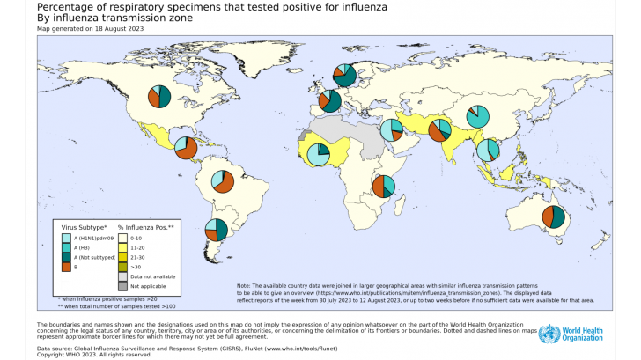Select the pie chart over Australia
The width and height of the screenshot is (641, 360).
[x=553, y=217]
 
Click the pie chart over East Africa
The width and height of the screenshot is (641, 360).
[x=383, y=186]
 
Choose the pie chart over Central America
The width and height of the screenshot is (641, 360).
[x=185, y=147]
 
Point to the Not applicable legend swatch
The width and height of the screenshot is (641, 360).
[x=124, y=286]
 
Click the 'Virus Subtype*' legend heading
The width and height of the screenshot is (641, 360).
[x=82, y=228]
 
